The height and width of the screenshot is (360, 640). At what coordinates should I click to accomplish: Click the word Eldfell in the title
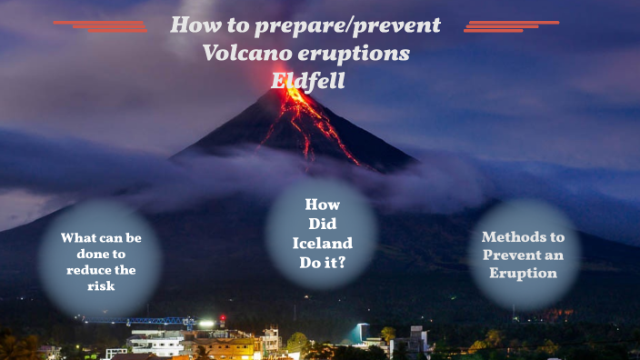click(305, 80)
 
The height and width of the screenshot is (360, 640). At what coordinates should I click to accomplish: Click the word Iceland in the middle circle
click(322, 243)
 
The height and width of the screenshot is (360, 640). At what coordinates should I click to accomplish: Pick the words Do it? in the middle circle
click(321, 262)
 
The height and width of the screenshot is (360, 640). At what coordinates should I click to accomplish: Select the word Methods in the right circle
click(515, 236)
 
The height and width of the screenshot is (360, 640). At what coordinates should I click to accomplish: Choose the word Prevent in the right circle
click(515, 255)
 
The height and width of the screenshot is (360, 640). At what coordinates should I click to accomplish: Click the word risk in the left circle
click(100, 286)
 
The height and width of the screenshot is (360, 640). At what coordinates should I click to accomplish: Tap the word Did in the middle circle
click(322, 224)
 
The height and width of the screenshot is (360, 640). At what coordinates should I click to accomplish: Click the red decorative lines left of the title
click(102, 26)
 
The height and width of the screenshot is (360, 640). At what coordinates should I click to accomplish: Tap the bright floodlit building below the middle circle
click(364, 333)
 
